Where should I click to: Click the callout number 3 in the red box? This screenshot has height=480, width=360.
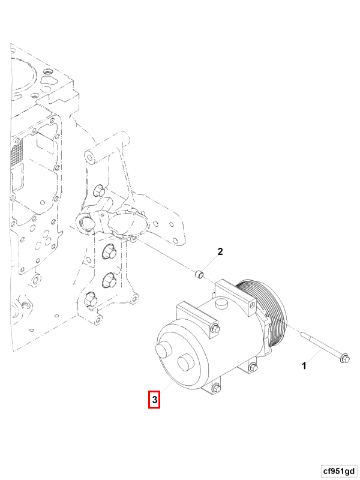[154, 400]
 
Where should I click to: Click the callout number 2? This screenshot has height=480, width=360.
[220, 251]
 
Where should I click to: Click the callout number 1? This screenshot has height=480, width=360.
[304, 365]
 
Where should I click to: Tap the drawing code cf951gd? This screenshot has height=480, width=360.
[338, 471]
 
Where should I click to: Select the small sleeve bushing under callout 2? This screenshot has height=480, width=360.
[200, 274]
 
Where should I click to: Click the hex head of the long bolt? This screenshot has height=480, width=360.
[344, 358]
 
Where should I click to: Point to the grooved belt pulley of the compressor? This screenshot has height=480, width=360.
[265, 316]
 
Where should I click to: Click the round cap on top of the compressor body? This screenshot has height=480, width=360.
[221, 304]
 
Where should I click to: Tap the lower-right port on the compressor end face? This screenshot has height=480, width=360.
[185, 363]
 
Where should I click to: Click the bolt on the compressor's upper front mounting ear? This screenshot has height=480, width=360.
[215, 328]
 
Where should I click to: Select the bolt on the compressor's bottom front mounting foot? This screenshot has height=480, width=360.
[216, 387]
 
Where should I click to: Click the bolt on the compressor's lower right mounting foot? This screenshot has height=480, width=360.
[253, 367]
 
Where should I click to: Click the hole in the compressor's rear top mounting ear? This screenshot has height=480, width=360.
[252, 305]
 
